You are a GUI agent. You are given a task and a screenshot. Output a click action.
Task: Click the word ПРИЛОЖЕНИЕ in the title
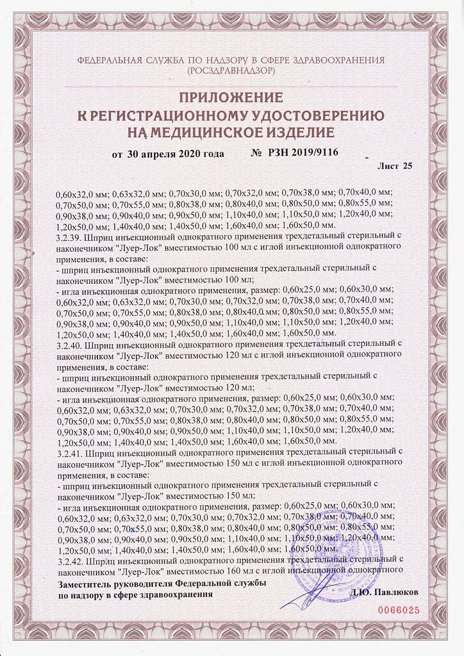(x=231, y=98)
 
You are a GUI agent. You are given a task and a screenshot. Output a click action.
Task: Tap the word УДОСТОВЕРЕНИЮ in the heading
(x=329, y=115)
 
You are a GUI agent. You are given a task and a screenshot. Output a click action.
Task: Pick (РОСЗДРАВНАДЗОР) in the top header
(x=231, y=72)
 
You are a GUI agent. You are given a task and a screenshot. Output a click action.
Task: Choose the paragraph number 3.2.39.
(x=69, y=236)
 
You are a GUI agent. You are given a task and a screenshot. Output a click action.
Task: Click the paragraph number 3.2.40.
(x=69, y=344)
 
